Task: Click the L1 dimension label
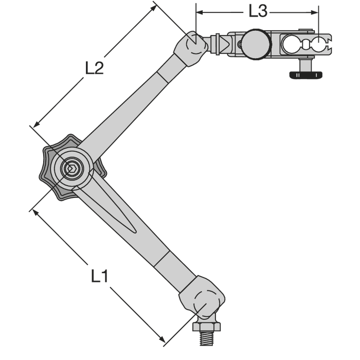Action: pos(99,276)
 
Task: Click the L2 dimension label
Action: pos(94,68)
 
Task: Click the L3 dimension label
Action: pos(258,11)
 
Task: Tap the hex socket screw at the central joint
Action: pos(71,169)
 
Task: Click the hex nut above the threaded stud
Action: pos(206,327)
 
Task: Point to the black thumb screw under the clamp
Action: pos(306,75)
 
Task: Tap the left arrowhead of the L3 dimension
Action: pos(200,12)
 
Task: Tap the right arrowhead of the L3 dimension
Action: pos(315,12)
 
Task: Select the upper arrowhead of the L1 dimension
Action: pos(35,212)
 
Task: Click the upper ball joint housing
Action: pos(191,49)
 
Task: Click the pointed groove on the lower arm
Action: pos(108,209)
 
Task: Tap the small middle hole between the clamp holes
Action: pos(305,44)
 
